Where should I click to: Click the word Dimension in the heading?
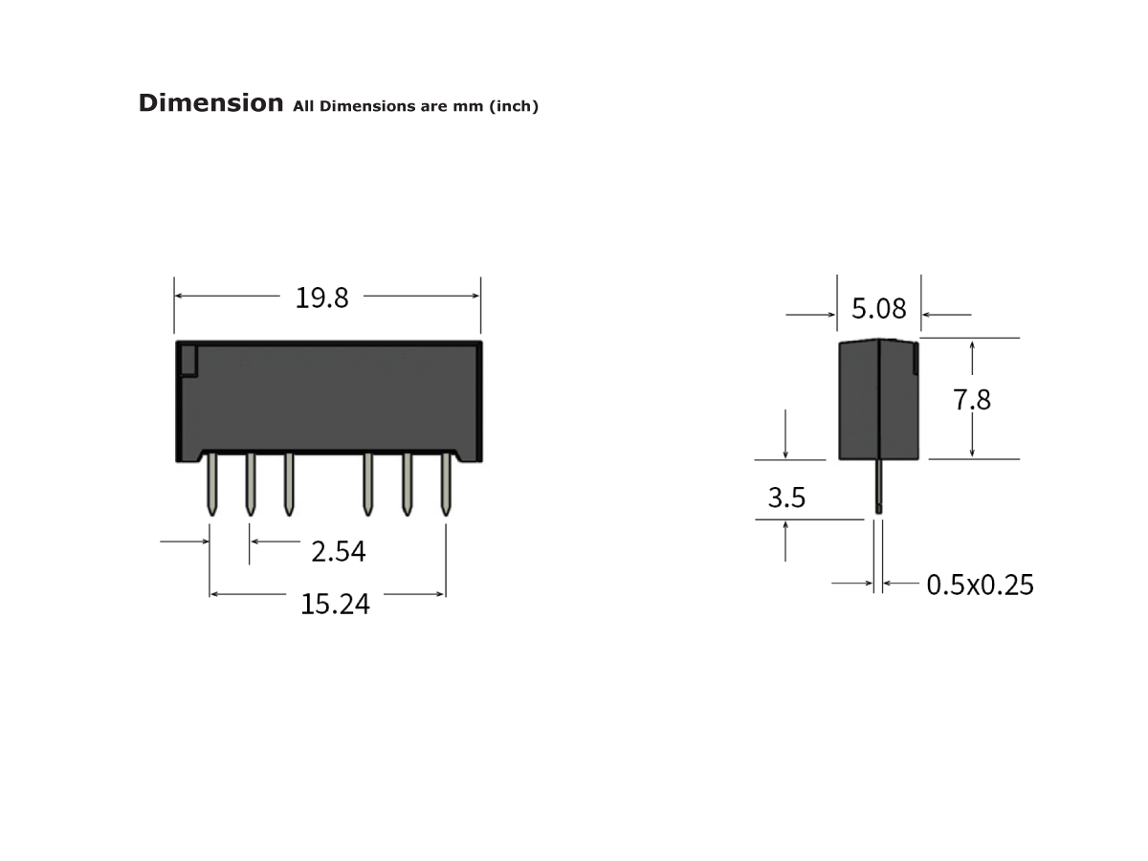tap(210, 103)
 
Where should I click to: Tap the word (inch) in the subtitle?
tap(514, 106)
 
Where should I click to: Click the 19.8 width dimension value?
tap(321, 298)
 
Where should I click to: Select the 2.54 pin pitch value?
tap(338, 552)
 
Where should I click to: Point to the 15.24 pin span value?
tap(335, 605)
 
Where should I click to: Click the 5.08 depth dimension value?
tap(878, 309)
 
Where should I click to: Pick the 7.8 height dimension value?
tap(972, 400)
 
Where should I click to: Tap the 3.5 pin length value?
tap(786, 498)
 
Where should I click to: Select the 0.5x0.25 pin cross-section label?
tap(980, 585)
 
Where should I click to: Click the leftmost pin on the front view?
tap(212, 485)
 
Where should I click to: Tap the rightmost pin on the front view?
tap(446, 485)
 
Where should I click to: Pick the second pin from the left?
tap(251, 485)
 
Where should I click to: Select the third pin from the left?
tap(289, 485)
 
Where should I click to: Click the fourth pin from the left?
tap(367, 485)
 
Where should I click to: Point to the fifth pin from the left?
tap(407, 485)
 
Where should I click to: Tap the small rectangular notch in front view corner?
tap(188, 361)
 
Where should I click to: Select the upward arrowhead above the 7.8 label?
tap(972, 347)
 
